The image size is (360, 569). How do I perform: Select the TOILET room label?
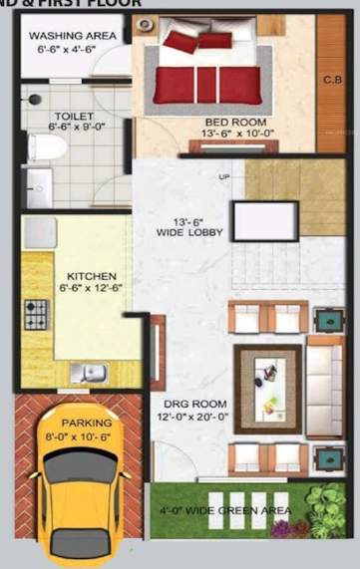coord(74,116)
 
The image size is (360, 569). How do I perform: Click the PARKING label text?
coord(87,422)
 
